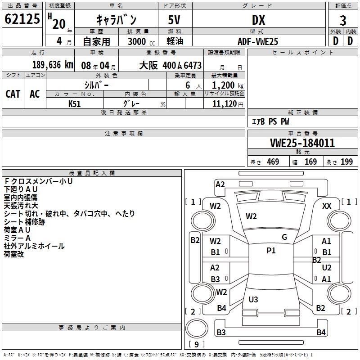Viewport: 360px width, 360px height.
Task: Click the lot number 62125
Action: pyautogui.click(x=22, y=19)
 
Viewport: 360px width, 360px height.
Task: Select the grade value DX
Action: pyautogui.click(x=258, y=20)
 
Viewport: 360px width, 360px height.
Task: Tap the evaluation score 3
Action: pyautogui.click(x=343, y=21)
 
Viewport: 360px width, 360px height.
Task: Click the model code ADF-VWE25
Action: pyautogui.click(x=258, y=41)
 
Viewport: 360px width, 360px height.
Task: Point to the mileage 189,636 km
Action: pyautogui.click(x=53, y=65)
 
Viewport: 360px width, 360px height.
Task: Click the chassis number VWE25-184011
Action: pyautogui.click(x=302, y=143)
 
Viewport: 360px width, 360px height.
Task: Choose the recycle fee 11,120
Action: pyautogui.click(x=224, y=103)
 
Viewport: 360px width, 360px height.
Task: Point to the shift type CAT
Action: pyautogui.click(x=13, y=94)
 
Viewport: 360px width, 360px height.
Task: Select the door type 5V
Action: pyautogui.click(x=175, y=20)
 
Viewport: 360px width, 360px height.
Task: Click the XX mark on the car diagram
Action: pyautogui.click(x=327, y=206)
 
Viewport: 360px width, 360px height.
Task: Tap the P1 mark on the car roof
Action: pyautogui.click(x=271, y=251)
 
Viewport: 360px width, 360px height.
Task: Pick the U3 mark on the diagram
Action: pyautogui.click(x=253, y=299)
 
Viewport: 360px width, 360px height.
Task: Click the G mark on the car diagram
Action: pyautogui.click(x=284, y=237)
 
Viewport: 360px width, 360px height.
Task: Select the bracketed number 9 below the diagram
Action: pyautogui.click(x=196, y=344)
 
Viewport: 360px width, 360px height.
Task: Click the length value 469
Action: pyautogui.click(x=273, y=162)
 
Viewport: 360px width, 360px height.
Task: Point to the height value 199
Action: pyautogui.click(x=346, y=162)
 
